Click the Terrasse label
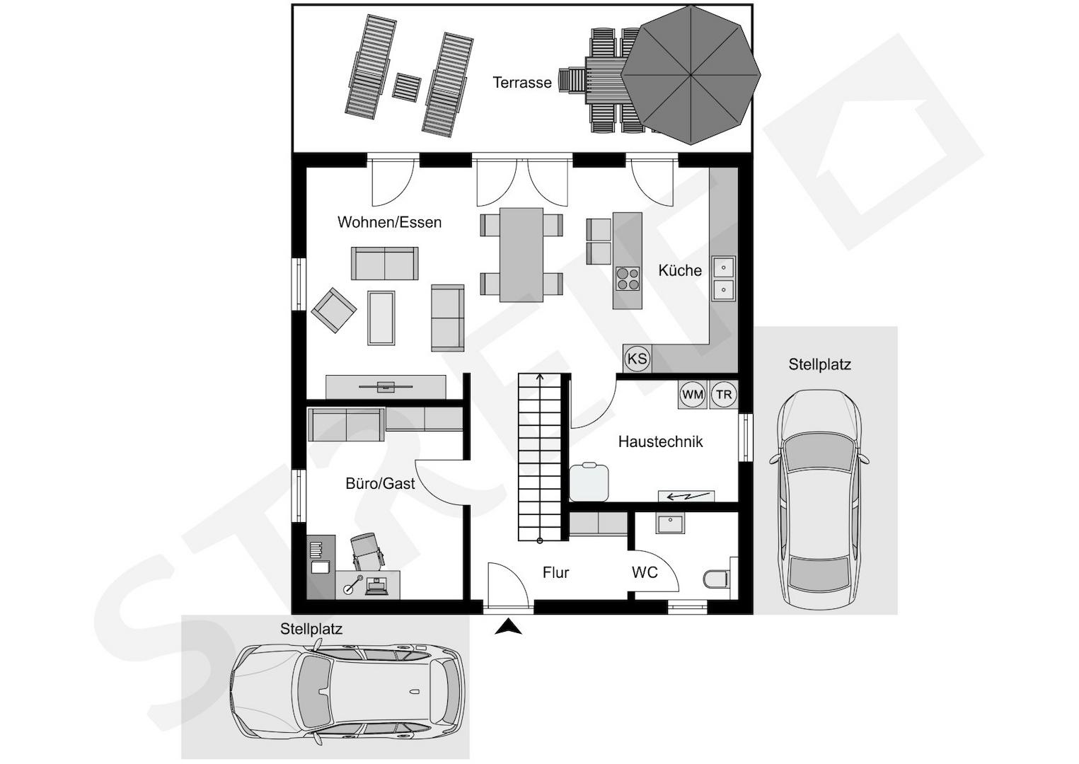[x=521, y=82]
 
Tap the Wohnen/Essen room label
[x=389, y=222]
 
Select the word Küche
[x=680, y=270]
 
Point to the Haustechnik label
[x=660, y=441]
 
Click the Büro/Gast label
[x=380, y=484]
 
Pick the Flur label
[x=555, y=572]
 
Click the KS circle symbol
[x=637, y=359]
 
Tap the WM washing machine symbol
[x=693, y=395]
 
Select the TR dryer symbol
[x=724, y=395]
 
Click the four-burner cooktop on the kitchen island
[x=628, y=279]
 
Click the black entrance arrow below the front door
[x=508, y=627]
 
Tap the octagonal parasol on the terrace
[x=691, y=75]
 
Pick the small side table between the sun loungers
[x=407, y=87]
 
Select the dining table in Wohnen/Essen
[x=521, y=255]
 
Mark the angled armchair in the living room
[x=334, y=311]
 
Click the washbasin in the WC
[x=669, y=524]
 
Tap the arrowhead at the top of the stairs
[x=539, y=377]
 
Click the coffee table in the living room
[x=381, y=318]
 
